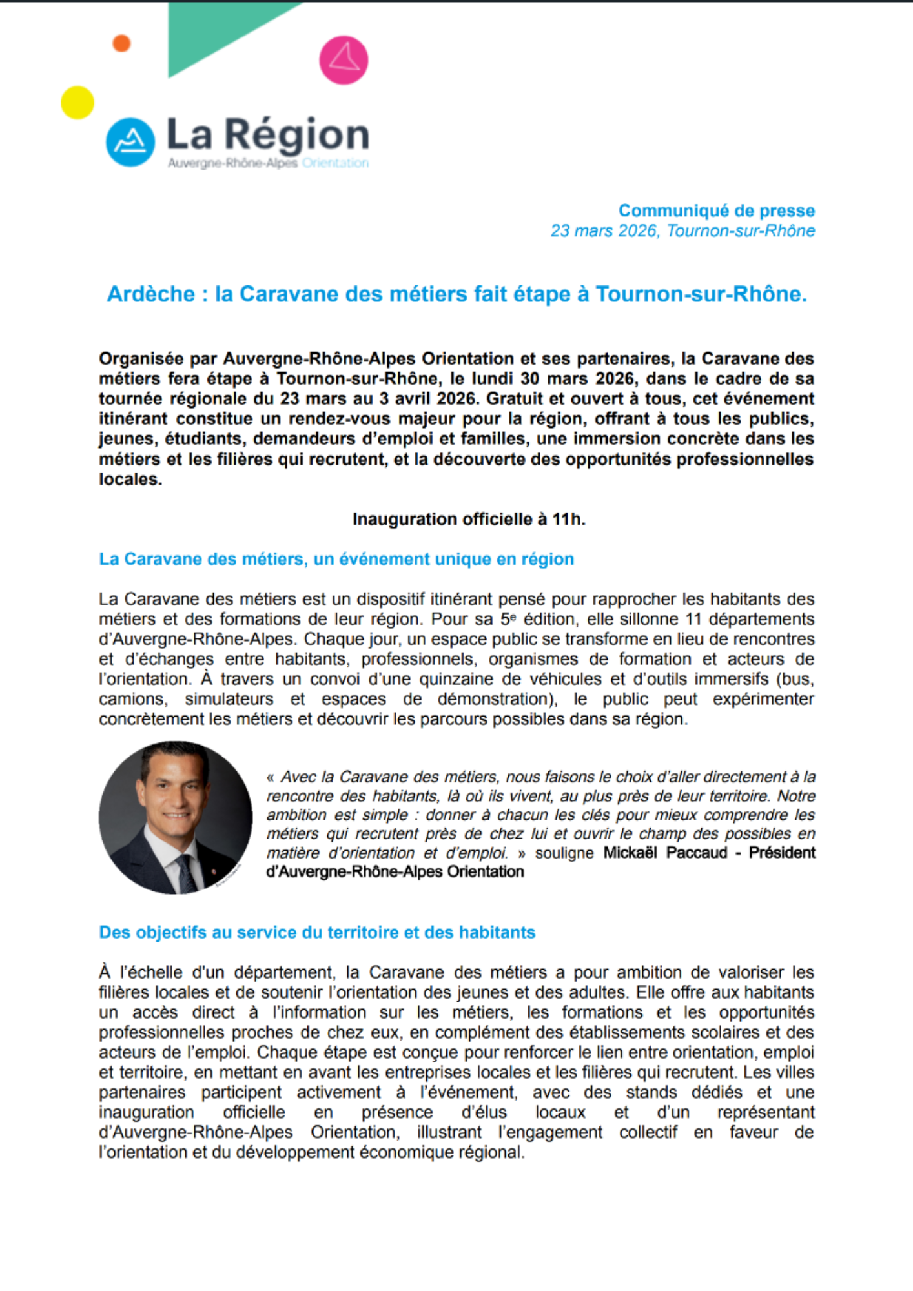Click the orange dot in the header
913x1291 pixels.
point(121,43)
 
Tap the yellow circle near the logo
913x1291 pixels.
point(77,103)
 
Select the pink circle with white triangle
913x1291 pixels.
point(344,60)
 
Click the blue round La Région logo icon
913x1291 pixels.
point(130,142)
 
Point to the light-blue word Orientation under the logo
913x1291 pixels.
point(335,163)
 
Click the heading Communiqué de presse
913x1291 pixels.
point(716,211)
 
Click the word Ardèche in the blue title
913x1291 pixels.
point(151,294)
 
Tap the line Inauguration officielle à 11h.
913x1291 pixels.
point(469,520)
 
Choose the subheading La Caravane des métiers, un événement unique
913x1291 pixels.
point(336,559)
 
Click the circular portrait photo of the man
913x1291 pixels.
point(176,817)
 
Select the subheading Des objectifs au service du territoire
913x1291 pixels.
point(316,933)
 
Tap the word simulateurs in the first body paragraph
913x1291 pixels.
point(229,699)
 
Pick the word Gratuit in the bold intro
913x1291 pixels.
point(517,399)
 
